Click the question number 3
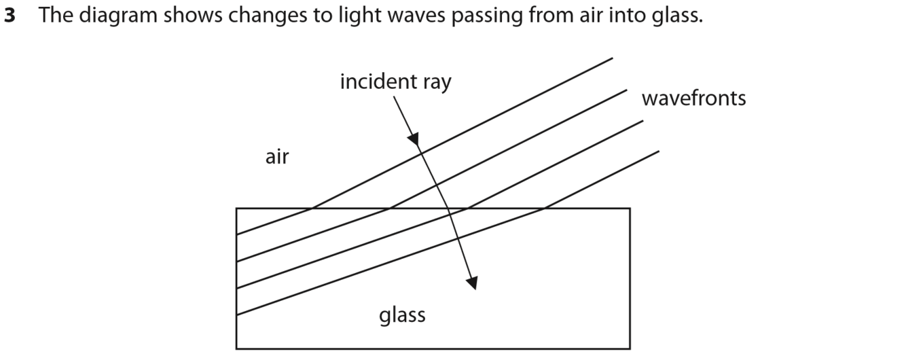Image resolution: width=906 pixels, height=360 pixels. [10, 16]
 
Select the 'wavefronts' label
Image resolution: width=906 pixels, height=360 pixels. [693, 98]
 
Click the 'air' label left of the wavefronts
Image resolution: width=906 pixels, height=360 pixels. [277, 157]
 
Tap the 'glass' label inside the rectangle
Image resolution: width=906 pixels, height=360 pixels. [402, 314]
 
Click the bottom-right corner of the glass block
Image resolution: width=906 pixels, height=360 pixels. [630, 348]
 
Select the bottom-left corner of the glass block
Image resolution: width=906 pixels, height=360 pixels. [236, 348]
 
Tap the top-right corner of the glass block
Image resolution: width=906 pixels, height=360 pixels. [630, 209]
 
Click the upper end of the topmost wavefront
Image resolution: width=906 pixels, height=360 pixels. [612, 58]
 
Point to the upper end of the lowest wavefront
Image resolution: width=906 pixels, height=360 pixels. [658, 151]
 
